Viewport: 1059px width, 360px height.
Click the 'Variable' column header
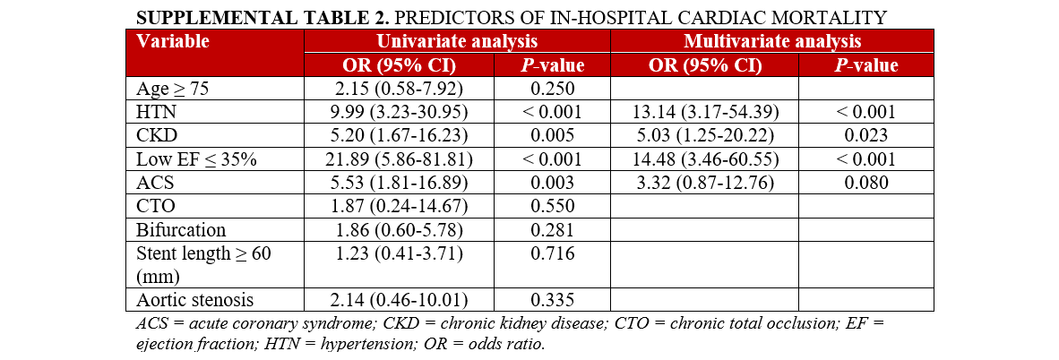coord(173,41)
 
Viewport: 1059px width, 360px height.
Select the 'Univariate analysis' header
coord(457,41)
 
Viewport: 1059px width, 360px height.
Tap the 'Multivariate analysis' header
coord(771,41)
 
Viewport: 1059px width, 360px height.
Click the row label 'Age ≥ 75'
coord(172,89)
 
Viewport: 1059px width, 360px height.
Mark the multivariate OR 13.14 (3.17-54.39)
coord(703,112)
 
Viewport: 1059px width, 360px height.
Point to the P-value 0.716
coord(552,253)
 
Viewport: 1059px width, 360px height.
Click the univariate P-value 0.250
coord(552,89)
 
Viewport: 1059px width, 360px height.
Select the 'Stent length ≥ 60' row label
coord(202,253)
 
